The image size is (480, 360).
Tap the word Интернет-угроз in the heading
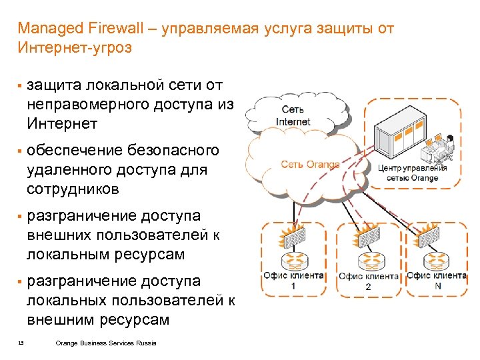tap(75, 48)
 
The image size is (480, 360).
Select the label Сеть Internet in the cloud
tap(293, 117)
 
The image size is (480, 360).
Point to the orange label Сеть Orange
tap(309, 164)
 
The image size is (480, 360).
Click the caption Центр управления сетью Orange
tap(412, 173)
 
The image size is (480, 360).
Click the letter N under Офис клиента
tap(437, 286)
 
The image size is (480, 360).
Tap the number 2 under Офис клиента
tap(368, 287)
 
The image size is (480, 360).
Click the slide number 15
tap(21, 343)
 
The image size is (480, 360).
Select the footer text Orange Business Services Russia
tap(106, 343)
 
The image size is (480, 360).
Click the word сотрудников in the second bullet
tap(73, 189)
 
